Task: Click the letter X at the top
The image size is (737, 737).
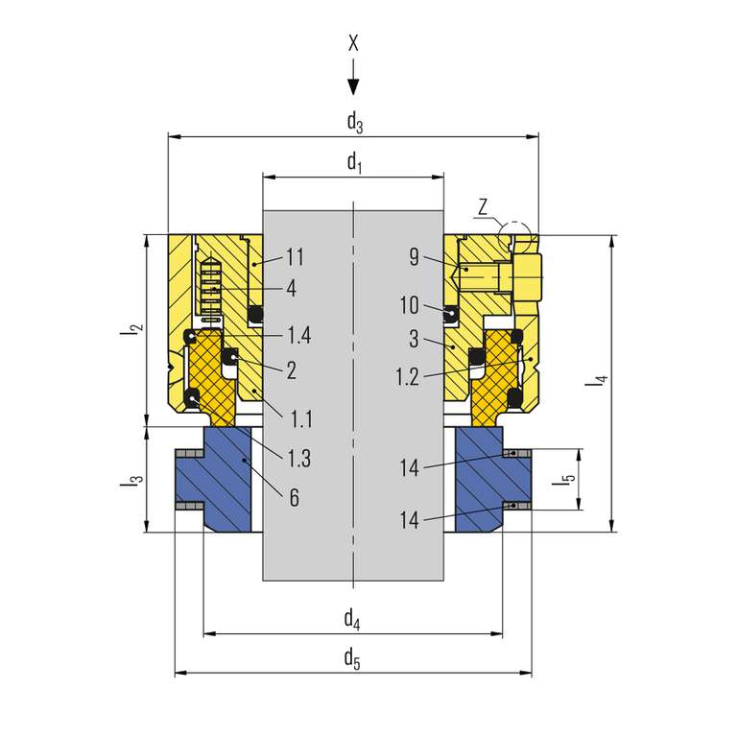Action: [x=353, y=43]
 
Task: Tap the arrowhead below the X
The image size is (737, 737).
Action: [x=353, y=87]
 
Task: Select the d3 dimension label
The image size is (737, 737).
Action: [x=355, y=122]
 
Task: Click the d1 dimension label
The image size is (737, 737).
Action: [x=354, y=162]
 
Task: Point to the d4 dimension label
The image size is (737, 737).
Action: [x=352, y=619]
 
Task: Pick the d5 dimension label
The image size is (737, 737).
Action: [x=352, y=658]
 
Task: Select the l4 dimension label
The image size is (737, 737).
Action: [x=597, y=380]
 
